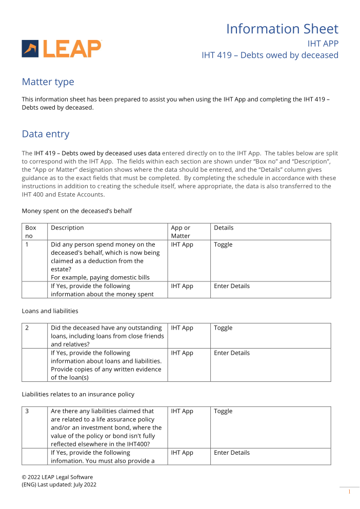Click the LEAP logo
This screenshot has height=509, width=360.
pos(62,49)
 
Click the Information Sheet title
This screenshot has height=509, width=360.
pos(282,29)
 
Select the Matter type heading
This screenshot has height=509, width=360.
pos(48,82)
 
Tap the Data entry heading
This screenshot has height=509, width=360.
pos(45,134)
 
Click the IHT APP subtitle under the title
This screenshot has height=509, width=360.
pos(323,44)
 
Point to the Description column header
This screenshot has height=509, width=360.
pos(67,228)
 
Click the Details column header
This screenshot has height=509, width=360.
pos(224,228)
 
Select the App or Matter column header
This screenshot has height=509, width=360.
pos(181,232)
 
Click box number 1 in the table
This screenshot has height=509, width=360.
pos(27,245)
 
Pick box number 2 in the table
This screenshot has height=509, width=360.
pos(27,328)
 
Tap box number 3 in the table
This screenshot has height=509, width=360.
pos(27,411)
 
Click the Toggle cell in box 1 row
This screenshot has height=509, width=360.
pos(223,245)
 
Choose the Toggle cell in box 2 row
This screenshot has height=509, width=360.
pos(223,328)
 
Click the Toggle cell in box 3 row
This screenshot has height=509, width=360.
pos(223,411)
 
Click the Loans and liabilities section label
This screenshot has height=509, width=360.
pos(50,311)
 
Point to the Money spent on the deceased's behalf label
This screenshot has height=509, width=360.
pos(76,211)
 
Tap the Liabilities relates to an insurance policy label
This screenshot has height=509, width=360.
pos(77,394)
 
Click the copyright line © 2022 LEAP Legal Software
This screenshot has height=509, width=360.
pos(57,477)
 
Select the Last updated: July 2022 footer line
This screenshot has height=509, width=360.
pos(59,485)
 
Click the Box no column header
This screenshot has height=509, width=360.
pos(30,232)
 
